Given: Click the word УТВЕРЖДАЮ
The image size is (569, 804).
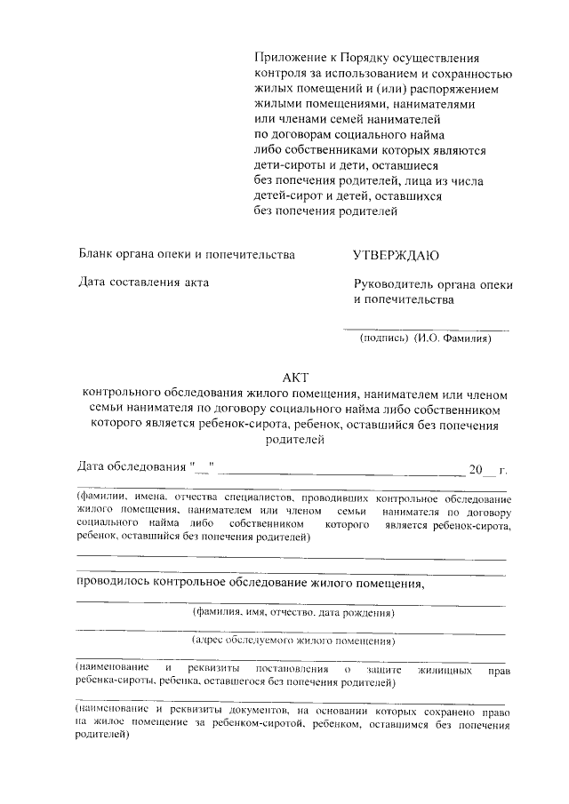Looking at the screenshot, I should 396,256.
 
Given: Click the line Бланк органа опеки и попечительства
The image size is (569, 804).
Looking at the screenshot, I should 186,256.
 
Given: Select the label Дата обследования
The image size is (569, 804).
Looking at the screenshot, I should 134,466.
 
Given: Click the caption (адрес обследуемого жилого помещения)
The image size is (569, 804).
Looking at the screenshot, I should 293,641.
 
